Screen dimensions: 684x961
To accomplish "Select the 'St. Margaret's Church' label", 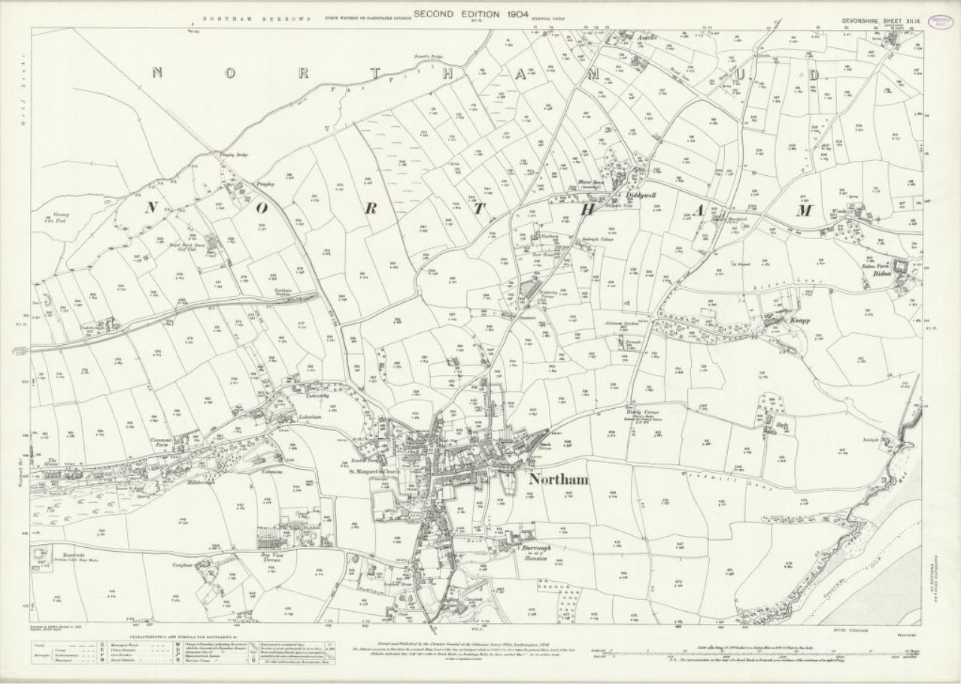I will (374, 473).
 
